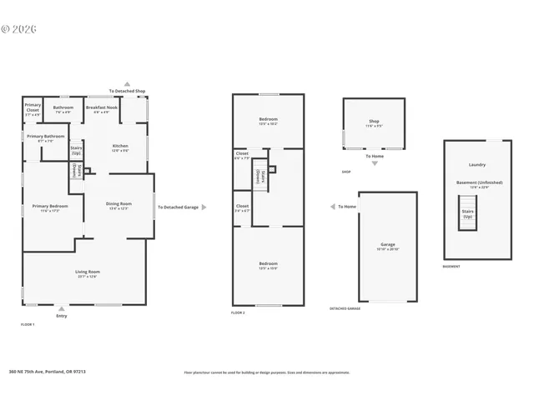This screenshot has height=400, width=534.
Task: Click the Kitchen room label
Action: [120, 147]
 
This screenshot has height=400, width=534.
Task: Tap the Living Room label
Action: [88, 272]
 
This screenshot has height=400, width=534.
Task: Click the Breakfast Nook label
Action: [101, 108]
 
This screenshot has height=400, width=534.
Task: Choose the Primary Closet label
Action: [33, 107]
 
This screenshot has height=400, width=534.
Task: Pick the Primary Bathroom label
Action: [46, 137]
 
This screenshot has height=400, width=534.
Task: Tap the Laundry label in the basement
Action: [477, 164]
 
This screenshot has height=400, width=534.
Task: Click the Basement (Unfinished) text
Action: [477, 183]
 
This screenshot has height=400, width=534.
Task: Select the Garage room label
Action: [387, 246]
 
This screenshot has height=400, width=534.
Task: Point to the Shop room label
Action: [374, 122]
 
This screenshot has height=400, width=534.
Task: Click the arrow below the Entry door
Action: [61, 307]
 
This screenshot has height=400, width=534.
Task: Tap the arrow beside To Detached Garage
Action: [204, 207]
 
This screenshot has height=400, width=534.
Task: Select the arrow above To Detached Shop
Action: [127, 83]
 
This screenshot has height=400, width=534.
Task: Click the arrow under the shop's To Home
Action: [375, 163]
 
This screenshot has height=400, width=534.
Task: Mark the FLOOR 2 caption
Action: [238, 312]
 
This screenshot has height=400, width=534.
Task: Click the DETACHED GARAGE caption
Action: [345, 308]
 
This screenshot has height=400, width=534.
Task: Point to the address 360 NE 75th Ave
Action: [48, 372]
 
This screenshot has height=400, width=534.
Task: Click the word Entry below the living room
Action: [61, 316]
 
